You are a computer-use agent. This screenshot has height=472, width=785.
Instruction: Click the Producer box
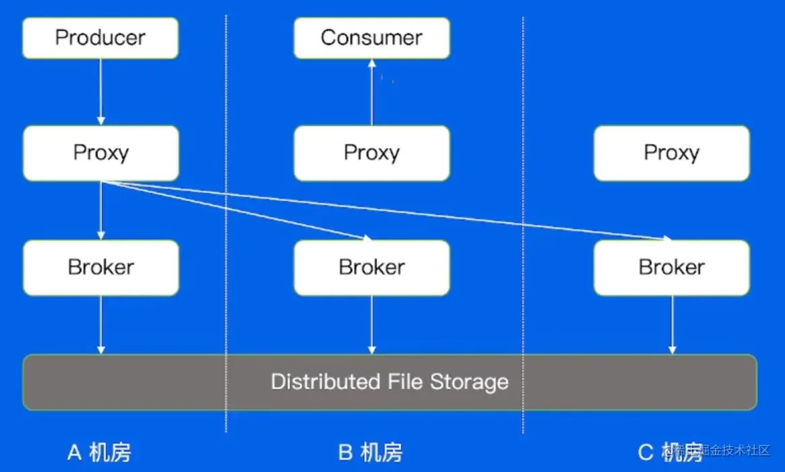tap(100, 38)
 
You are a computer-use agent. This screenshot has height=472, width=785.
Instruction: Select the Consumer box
tap(371, 38)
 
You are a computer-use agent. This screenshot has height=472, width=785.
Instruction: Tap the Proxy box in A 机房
tap(100, 153)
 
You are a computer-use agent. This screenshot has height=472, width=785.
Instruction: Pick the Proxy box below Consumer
tap(371, 153)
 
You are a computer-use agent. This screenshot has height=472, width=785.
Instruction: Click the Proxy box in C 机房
tap(671, 153)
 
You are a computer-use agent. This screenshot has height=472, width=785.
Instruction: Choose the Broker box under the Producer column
tap(100, 268)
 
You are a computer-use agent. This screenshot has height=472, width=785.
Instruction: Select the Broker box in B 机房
tap(371, 268)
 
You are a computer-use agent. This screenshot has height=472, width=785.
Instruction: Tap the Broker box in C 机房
tap(671, 268)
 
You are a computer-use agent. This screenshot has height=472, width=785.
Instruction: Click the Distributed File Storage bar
tap(389, 382)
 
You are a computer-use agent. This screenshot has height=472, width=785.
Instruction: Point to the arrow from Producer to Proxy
tap(100, 91)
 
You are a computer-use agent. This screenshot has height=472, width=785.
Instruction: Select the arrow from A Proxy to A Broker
tap(100, 210)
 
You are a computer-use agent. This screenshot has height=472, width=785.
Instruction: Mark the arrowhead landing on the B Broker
tap(367, 238)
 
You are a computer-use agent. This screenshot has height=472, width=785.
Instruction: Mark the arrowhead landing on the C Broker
tap(667, 238)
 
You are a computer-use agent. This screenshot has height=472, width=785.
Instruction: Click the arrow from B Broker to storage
tap(371, 324)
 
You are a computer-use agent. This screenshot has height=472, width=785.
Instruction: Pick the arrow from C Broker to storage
tap(672, 324)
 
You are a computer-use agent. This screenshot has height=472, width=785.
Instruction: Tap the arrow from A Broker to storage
tap(100, 324)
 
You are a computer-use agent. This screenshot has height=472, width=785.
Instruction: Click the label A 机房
tap(99, 452)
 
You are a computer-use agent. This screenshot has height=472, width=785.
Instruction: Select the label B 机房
tap(370, 452)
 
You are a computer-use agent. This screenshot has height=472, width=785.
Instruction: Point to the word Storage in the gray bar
tap(469, 382)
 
